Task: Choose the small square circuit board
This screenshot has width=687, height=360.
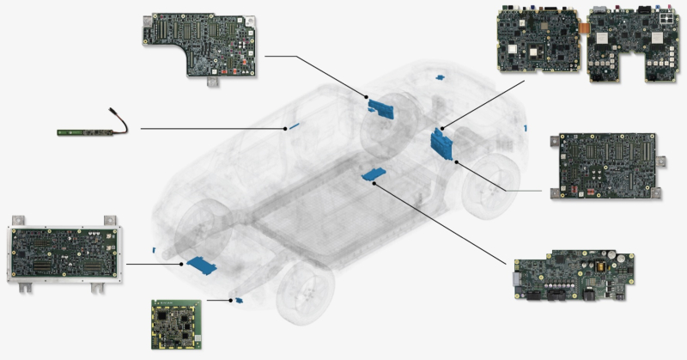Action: [x=176, y=325]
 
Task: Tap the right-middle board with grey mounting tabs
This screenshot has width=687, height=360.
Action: [x=607, y=164]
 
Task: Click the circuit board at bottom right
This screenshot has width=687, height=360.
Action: [x=573, y=274]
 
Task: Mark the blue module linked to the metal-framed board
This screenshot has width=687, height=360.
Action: [x=203, y=264]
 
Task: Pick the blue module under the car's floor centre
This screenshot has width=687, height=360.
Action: [x=374, y=174]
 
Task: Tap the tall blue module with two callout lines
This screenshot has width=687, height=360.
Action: [x=441, y=143]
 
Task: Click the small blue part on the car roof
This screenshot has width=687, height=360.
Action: [x=441, y=78]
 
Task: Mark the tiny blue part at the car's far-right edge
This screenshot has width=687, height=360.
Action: [x=524, y=127]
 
